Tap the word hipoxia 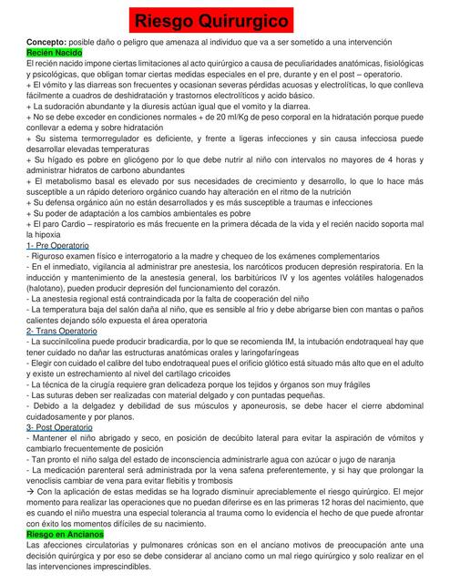43,236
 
